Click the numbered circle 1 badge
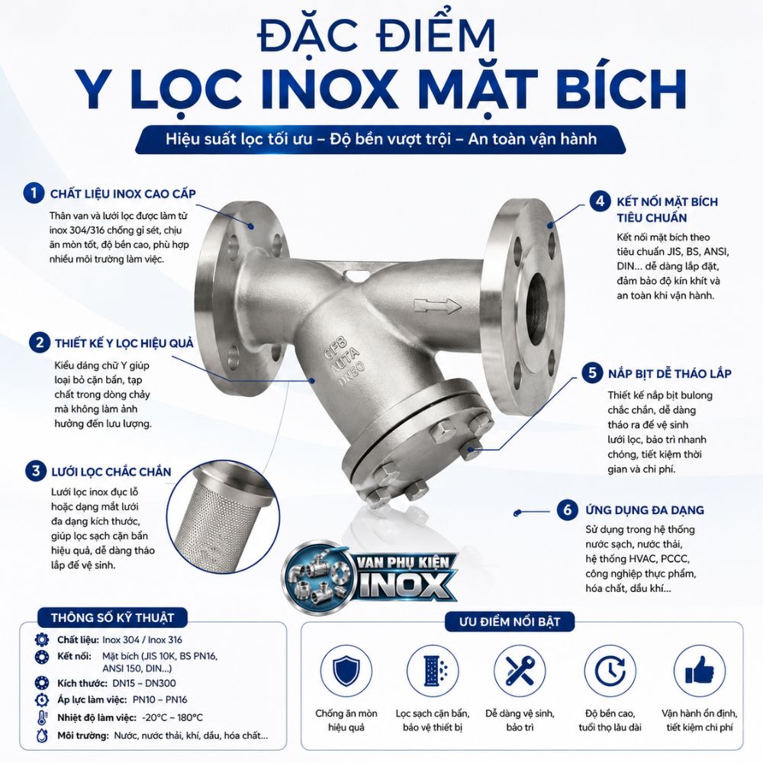click(34, 193)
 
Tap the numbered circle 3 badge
click(36, 471)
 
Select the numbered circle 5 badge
click(592, 373)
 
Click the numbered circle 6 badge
click(568, 510)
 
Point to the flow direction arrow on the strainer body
click(437, 306)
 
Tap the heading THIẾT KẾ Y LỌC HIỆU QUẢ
click(124, 343)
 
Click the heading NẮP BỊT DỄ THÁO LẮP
click(670, 373)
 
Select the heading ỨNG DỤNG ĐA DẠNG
click(645, 510)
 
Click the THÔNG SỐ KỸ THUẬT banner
click(112, 617)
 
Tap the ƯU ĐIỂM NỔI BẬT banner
click(510, 621)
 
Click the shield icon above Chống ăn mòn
click(346, 671)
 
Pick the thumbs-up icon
click(699, 671)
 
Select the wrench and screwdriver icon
click(520, 671)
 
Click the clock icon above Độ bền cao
click(610, 671)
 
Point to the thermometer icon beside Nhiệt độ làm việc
click(42, 717)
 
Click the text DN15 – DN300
click(144, 683)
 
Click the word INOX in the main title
click(329, 89)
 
